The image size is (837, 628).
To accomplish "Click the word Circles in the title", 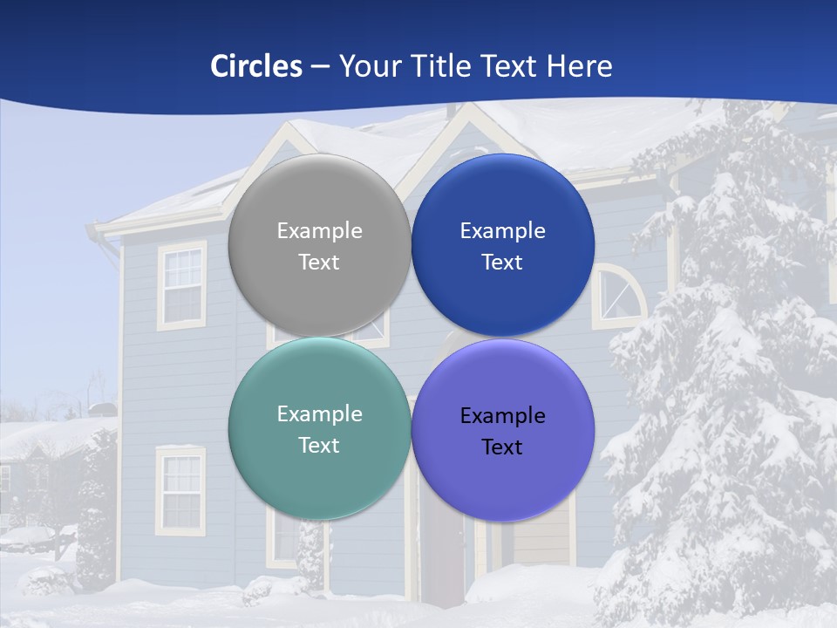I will coord(256,66).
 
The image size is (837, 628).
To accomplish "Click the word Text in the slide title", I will coord(510,66).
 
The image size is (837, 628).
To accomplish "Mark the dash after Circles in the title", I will coord(320,67).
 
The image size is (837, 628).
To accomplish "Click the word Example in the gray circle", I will coord(319,231).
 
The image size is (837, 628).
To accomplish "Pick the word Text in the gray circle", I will coord(319,263).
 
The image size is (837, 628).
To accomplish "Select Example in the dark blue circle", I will coord(502,231).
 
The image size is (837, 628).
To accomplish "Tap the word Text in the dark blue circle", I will coord(502,263).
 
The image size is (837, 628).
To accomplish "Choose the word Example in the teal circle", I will coord(319,414).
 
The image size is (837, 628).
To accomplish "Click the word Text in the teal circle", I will coord(319,446).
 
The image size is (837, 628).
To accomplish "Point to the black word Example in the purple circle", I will coord(502,416).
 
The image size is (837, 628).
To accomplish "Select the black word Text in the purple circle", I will coord(502,447).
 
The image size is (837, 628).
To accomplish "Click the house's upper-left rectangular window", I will coord(182,286).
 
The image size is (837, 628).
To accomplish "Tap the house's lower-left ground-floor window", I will coord(180,490).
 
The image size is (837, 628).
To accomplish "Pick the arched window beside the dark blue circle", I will coord(619,297).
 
